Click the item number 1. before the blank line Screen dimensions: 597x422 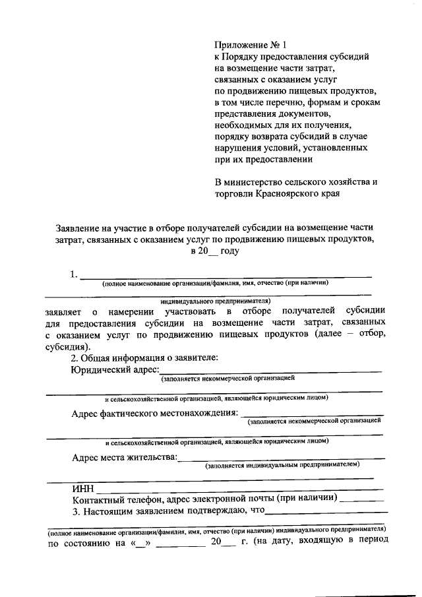(75, 274)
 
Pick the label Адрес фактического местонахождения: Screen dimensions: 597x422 (155, 414)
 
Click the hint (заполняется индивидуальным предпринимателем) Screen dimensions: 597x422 (282, 465)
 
